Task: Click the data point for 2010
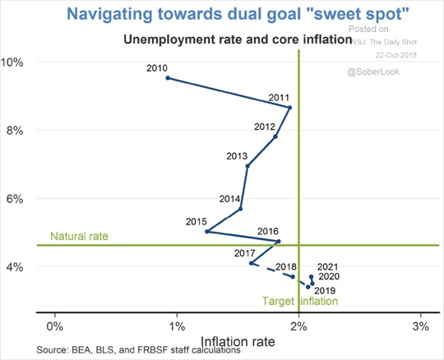[x=168, y=78]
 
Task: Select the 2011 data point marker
[x=289, y=108]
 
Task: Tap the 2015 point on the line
[x=206, y=232]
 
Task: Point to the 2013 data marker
[x=247, y=166]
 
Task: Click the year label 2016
[x=269, y=231]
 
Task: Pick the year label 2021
[x=327, y=266]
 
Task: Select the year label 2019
[x=324, y=291]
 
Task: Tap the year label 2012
[x=265, y=127]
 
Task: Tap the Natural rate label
[x=79, y=237]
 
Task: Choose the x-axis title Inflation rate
[x=238, y=339]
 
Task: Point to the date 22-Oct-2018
[x=397, y=54]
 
